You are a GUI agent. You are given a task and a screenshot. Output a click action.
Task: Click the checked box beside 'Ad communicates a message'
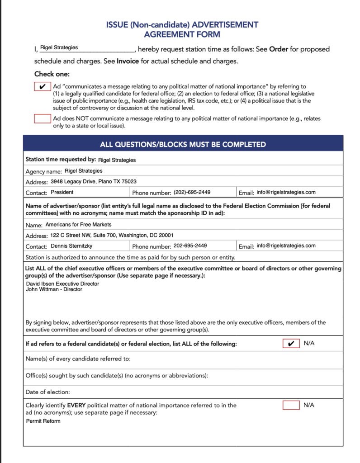[43, 86]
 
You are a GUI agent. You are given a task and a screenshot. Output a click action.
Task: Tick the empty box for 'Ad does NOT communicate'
[43, 118]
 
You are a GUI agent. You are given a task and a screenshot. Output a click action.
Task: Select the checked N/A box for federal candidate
[291, 344]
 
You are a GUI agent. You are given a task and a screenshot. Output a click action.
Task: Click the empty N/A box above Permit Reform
[291, 405]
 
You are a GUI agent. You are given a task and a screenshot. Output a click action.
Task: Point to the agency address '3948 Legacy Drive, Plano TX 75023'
[94, 181]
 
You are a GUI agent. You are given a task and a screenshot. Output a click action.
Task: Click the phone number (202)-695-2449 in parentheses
[192, 192]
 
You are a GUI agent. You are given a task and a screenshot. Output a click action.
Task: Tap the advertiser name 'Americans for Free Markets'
[78, 224]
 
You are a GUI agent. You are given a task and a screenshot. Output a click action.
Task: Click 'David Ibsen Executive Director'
[62, 284]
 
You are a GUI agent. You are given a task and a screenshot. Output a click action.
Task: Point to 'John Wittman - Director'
[54, 289]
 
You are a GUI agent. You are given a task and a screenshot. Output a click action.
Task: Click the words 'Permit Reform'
[43, 421]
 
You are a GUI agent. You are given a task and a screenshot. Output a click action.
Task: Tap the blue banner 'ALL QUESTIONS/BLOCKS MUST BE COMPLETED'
[183, 145]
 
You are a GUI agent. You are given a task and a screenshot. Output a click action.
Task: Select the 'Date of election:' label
[47, 392]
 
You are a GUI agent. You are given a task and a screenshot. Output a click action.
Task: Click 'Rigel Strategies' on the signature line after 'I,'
[59, 47]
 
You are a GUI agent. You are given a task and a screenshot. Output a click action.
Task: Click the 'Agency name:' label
[43, 171]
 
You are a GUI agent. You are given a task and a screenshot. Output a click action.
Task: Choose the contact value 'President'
[62, 192]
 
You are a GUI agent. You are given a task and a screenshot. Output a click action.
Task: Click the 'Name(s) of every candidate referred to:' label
[78, 359]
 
